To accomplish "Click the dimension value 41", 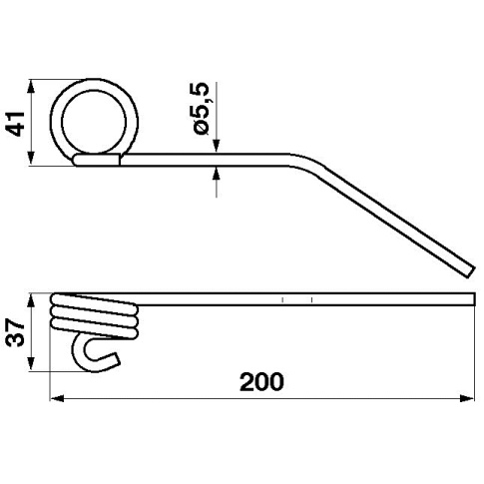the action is point(16,124).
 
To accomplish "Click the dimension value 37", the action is point(16,332).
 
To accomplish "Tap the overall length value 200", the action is point(261,382).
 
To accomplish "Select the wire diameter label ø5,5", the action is point(200,109).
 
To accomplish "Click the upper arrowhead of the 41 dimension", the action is point(31,87).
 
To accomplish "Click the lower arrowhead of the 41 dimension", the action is point(31,158).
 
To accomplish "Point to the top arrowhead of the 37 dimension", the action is point(31,301).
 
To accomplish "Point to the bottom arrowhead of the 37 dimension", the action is point(31,363).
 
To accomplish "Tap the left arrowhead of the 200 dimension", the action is point(57,398).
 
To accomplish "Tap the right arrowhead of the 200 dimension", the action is point(467,398).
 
